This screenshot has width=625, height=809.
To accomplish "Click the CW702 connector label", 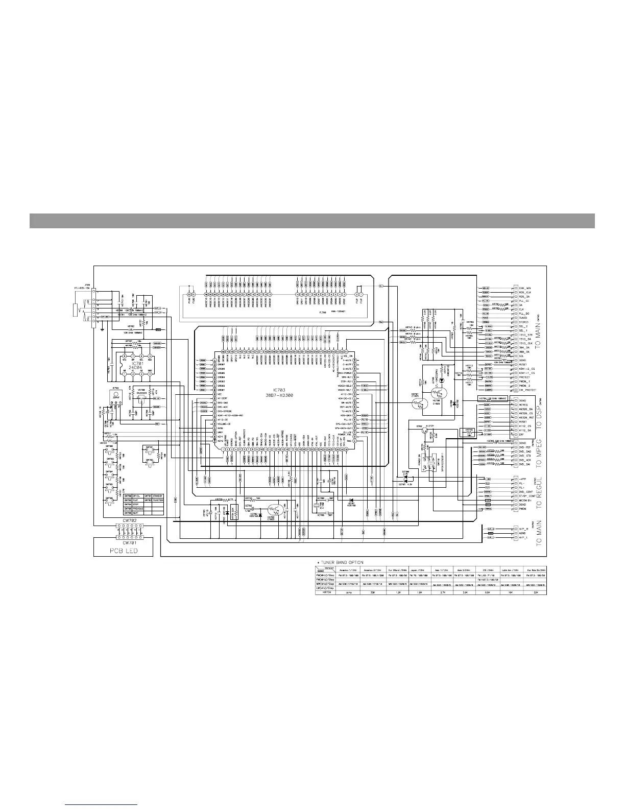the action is tap(130, 520).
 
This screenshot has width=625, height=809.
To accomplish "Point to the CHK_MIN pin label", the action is tap(525, 289).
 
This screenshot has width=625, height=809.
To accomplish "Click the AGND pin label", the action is tap(522, 534).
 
